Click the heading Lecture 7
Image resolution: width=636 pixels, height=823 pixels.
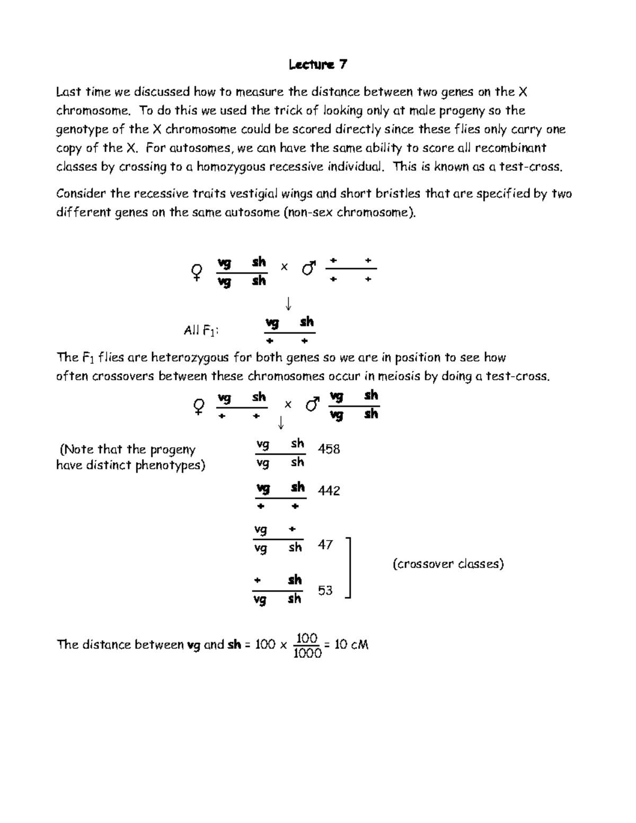pyautogui.click(x=318, y=65)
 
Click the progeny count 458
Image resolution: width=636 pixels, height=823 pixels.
pyautogui.click(x=329, y=449)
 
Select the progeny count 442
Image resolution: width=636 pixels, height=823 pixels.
pyautogui.click(x=329, y=491)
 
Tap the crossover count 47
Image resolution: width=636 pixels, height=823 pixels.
pyautogui.click(x=325, y=545)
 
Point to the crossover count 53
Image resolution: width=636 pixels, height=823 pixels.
pyautogui.click(x=325, y=590)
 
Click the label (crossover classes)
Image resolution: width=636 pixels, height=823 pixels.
pyautogui.click(x=448, y=564)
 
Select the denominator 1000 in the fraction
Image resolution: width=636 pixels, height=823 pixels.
pyautogui.click(x=307, y=654)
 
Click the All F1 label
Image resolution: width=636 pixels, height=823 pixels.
pyautogui.click(x=200, y=331)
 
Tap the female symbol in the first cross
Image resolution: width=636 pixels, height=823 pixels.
pyautogui.click(x=196, y=272)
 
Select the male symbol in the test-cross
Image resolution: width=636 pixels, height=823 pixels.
pyautogui.click(x=312, y=405)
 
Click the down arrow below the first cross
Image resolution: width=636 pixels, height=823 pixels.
pyautogui.click(x=288, y=303)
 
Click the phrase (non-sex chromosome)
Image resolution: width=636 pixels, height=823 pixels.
pyautogui.click(x=350, y=213)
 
